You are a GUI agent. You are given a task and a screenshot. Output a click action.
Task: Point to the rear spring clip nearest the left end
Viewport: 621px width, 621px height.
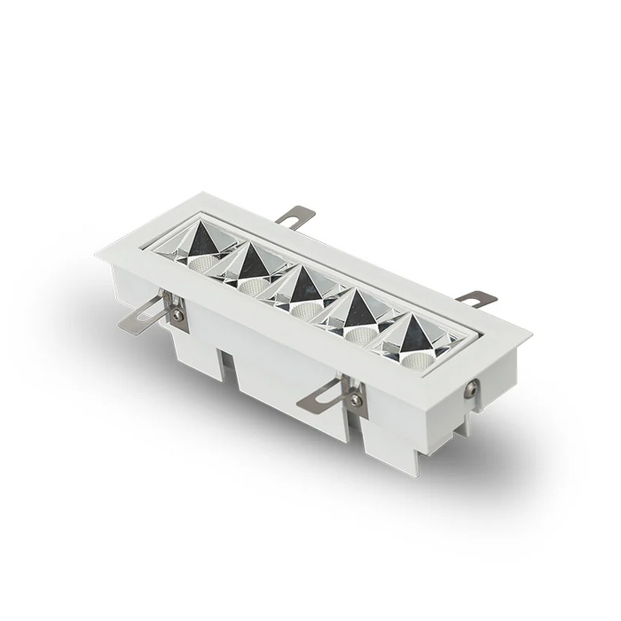(x=295, y=216)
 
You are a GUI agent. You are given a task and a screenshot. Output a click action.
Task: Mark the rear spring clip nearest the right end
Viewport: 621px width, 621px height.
(x=476, y=299)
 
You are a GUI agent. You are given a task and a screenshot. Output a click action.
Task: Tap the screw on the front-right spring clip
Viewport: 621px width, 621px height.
(x=356, y=400)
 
